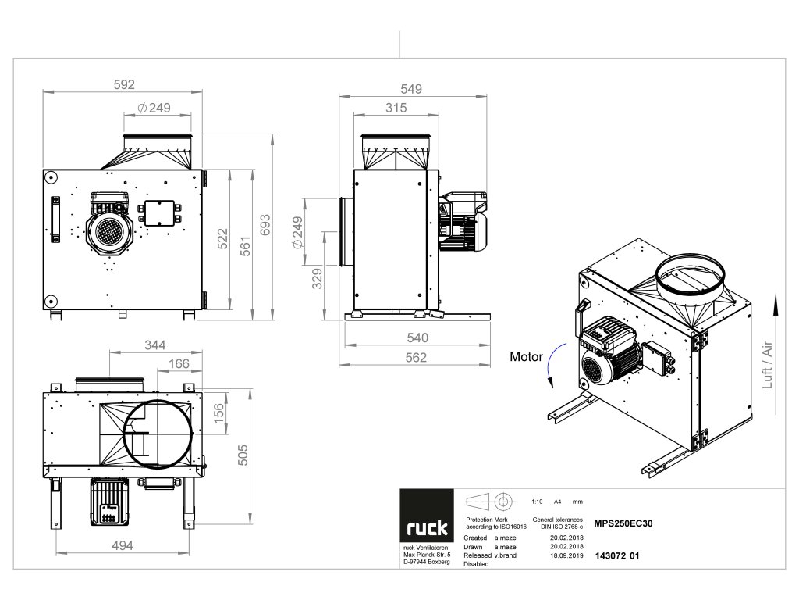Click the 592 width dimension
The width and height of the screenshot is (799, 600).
coord(125,84)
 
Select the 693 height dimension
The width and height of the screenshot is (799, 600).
coord(266,227)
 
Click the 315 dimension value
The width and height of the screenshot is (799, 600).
coord(396,108)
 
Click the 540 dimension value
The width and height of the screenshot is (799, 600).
coord(417,338)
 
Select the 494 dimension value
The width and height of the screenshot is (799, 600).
coord(120,546)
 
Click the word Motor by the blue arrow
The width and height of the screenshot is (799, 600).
coord(526,356)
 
